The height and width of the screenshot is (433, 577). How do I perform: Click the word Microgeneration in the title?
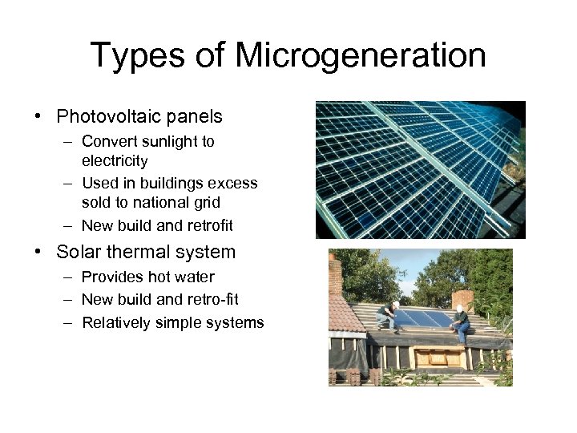click(361, 56)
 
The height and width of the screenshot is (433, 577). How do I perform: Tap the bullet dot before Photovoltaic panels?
click(38, 117)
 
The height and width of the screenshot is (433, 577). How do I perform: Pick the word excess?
click(232, 184)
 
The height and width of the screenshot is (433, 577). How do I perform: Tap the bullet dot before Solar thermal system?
click(38, 252)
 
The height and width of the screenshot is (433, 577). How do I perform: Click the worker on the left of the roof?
click(387, 315)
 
